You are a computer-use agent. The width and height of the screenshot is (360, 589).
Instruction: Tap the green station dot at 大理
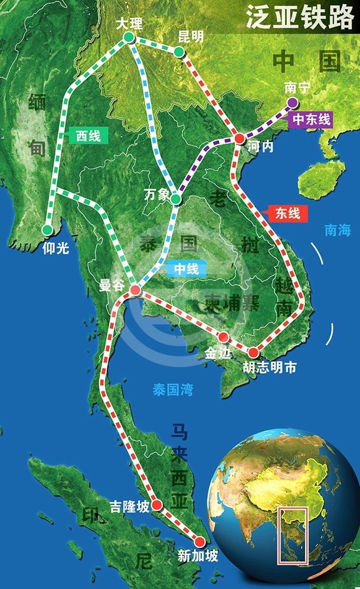tap(129, 38)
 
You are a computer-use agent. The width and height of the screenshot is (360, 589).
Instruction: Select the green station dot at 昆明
tap(179, 53)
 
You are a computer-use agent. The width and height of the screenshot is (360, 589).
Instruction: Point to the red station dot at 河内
tap(239, 138)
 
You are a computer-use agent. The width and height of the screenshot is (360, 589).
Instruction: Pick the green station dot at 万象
tap(175, 200)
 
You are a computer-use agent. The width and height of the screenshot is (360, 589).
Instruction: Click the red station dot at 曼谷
tap(135, 290)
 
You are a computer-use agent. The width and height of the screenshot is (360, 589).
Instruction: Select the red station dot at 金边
tap(224, 338)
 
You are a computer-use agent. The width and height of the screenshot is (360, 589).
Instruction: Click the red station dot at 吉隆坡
tap(157, 505)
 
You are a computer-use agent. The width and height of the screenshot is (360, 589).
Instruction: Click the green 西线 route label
tap(88, 135)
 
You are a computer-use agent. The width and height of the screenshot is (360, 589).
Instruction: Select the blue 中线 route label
tap(186, 269)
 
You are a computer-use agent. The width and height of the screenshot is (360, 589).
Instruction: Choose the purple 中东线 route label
tap(310, 119)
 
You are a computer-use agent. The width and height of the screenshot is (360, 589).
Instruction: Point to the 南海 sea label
tap(337, 230)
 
